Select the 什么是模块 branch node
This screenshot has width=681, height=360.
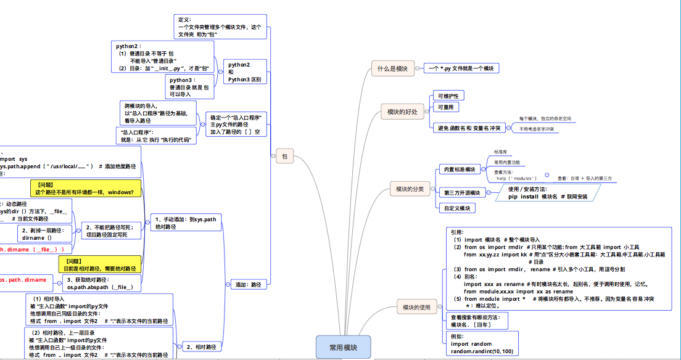(x=392, y=68)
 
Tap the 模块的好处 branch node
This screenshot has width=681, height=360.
(x=402, y=112)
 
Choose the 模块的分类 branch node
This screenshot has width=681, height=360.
(x=410, y=189)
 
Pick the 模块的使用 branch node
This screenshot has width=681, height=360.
(x=416, y=307)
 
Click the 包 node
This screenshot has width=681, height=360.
(x=284, y=157)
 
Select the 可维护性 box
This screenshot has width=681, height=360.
(x=448, y=96)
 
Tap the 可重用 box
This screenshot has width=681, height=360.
(x=445, y=107)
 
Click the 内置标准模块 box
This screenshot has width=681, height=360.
(x=460, y=170)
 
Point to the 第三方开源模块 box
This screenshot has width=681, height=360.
(x=462, y=193)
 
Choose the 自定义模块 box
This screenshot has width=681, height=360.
(x=456, y=208)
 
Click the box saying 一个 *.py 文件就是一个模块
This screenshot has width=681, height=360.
(x=461, y=68)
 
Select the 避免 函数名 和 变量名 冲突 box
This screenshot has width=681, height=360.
(x=471, y=128)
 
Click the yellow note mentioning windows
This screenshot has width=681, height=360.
(x=86, y=188)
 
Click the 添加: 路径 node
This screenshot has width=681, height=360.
(x=249, y=285)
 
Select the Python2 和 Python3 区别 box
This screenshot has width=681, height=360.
(x=244, y=72)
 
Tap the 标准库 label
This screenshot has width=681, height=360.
(x=500, y=152)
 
